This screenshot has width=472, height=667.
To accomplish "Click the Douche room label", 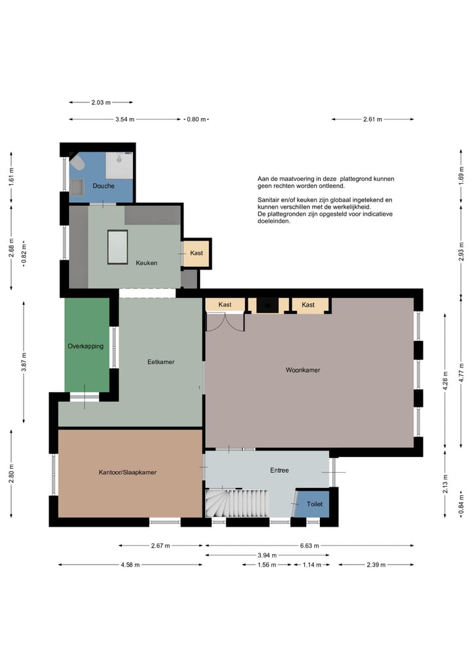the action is pyautogui.click(x=104, y=186).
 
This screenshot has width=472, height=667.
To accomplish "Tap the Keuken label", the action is pyautogui.click(x=146, y=263).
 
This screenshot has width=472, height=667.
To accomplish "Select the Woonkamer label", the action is pyautogui.click(x=303, y=370).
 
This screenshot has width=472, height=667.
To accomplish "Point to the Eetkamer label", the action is pyautogui.click(x=161, y=362).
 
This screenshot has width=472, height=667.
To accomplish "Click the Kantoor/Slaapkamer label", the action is pyautogui.click(x=128, y=472).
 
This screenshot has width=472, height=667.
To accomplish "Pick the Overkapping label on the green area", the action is pyautogui.click(x=85, y=346).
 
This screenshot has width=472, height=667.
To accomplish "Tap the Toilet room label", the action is pyautogui.click(x=315, y=504).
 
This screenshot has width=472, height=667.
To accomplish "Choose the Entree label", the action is pyautogui.click(x=279, y=470).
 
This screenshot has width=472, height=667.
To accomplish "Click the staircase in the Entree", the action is pyautogui.click(x=237, y=503).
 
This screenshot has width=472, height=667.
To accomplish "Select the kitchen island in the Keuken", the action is pyautogui.click(x=118, y=247).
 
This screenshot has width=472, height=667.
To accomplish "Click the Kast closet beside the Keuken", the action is pyautogui.click(x=196, y=253).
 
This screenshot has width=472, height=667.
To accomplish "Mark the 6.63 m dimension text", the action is pyautogui.click(x=309, y=546).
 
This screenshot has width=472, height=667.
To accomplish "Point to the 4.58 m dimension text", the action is pyautogui.click(x=130, y=565).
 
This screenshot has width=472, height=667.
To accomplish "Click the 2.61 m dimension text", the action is pyautogui.click(x=372, y=119).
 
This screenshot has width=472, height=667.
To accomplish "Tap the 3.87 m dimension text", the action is pyautogui.click(x=24, y=362).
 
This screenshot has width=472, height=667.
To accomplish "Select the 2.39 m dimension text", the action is pyautogui.click(x=376, y=565).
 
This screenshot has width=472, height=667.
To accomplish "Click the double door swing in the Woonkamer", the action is pyautogui.click(x=226, y=322).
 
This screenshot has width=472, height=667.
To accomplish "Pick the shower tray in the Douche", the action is pyautogui.click(x=119, y=165).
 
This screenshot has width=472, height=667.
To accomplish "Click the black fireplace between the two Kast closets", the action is pyautogui.click(x=268, y=305).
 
